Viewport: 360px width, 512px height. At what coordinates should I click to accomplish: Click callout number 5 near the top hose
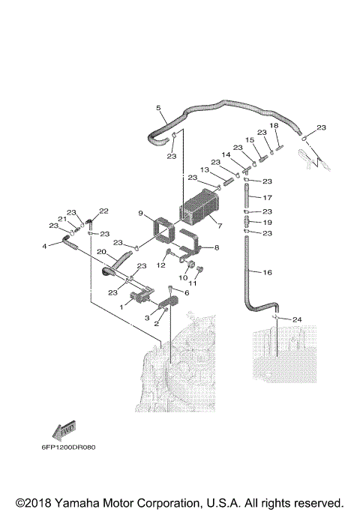coord(158,108)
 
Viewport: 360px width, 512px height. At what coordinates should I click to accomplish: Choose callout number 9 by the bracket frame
coord(140,214)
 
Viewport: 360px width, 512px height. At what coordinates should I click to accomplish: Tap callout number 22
coord(104,211)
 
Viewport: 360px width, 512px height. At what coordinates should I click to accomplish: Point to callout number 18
coord(274,125)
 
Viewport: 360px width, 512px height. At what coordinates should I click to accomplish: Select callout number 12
coord(160,265)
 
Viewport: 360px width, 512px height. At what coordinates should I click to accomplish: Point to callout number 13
coord(205,169)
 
